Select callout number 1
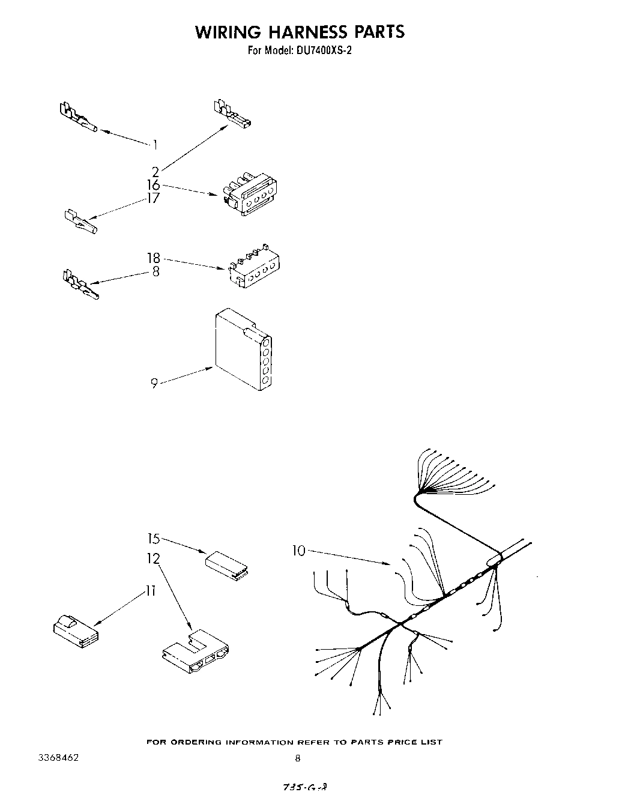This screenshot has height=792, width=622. pyautogui.click(x=155, y=144)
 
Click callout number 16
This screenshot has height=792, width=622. pyautogui.click(x=154, y=185)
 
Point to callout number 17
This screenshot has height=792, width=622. pyautogui.click(x=154, y=198)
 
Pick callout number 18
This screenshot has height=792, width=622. pyautogui.click(x=154, y=258)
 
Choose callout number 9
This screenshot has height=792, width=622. pyautogui.click(x=154, y=383)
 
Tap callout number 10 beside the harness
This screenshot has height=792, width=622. pyautogui.click(x=299, y=550)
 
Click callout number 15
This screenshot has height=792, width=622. pyautogui.click(x=154, y=538)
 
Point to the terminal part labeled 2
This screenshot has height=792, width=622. pyautogui.click(x=232, y=115)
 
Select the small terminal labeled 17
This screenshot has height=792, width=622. pyautogui.click(x=82, y=222)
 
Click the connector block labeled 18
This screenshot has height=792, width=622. pyautogui.click(x=255, y=264)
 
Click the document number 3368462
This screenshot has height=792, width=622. pyautogui.click(x=58, y=758)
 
